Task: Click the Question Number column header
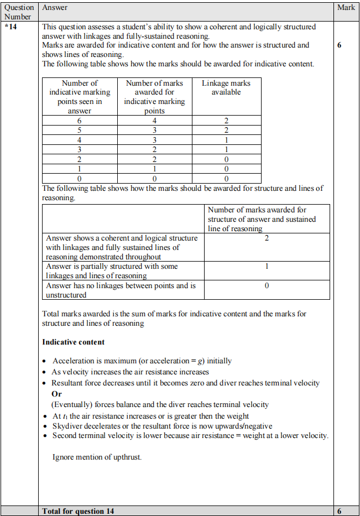pos(19,12)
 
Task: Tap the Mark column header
pos(346,8)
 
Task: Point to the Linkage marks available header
pos(226,87)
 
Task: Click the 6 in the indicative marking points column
pos(79,121)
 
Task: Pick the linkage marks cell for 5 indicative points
pos(226,131)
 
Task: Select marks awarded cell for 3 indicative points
pos(154,150)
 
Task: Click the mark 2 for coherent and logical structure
pos(267,238)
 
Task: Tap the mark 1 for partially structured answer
pos(267,267)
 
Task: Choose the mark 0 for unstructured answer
pos(267,286)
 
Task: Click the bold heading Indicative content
pos(73,342)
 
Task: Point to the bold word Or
pos(56,394)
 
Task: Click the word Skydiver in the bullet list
pos(69,426)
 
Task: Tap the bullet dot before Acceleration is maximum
pos(45,361)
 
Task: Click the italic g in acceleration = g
pos(201,361)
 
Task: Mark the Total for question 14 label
pos(78,511)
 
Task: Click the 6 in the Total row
pos(339,511)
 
